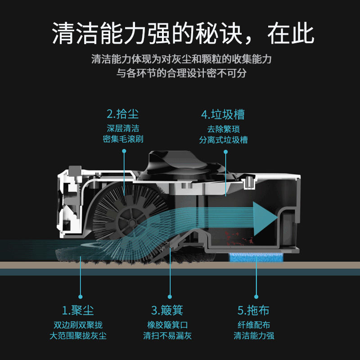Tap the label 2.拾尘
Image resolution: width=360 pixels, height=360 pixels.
coord(123,113)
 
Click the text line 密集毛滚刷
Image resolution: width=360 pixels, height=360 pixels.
coord(123,139)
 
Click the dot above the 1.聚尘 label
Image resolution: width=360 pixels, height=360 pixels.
coord(81,297)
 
